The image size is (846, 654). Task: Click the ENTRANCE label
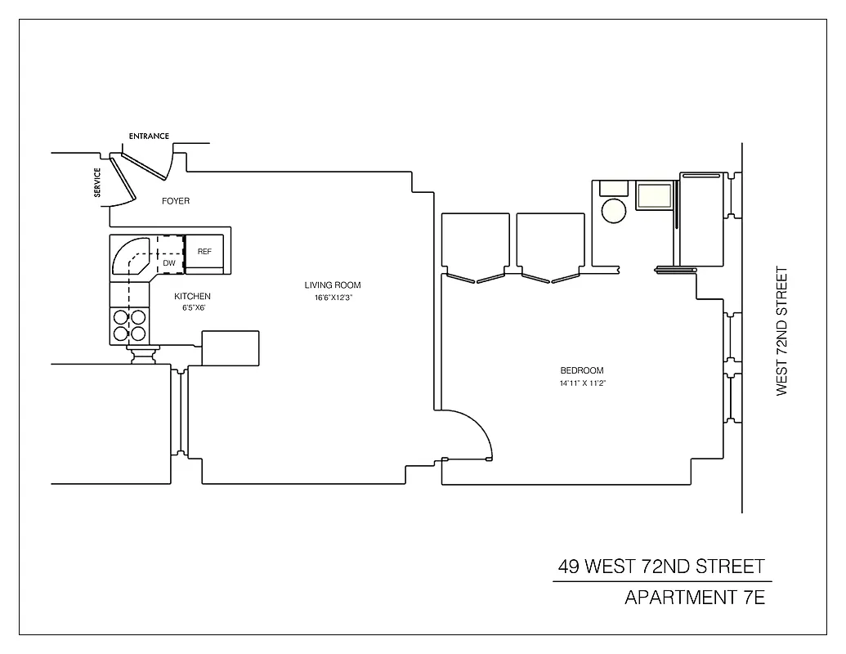point(149,136)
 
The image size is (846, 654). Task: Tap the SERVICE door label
point(97,182)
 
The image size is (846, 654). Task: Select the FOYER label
point(175,201)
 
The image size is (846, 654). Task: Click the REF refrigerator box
point(204,252)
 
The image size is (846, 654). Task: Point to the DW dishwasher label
point(169,263)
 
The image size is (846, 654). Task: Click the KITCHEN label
point(192,296)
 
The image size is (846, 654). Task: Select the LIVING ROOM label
point(333,285)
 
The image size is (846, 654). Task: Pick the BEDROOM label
point(582,370)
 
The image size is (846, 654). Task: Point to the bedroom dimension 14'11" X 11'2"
point(582,383)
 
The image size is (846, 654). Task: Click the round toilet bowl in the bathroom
point(614,212)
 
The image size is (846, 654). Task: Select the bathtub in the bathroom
point(702,219)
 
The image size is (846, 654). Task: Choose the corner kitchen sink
point(131,257)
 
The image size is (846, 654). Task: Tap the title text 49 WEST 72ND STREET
point(661,566)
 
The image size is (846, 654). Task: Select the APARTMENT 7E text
point(694,597)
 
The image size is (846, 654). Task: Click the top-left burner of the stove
point(121,317)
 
